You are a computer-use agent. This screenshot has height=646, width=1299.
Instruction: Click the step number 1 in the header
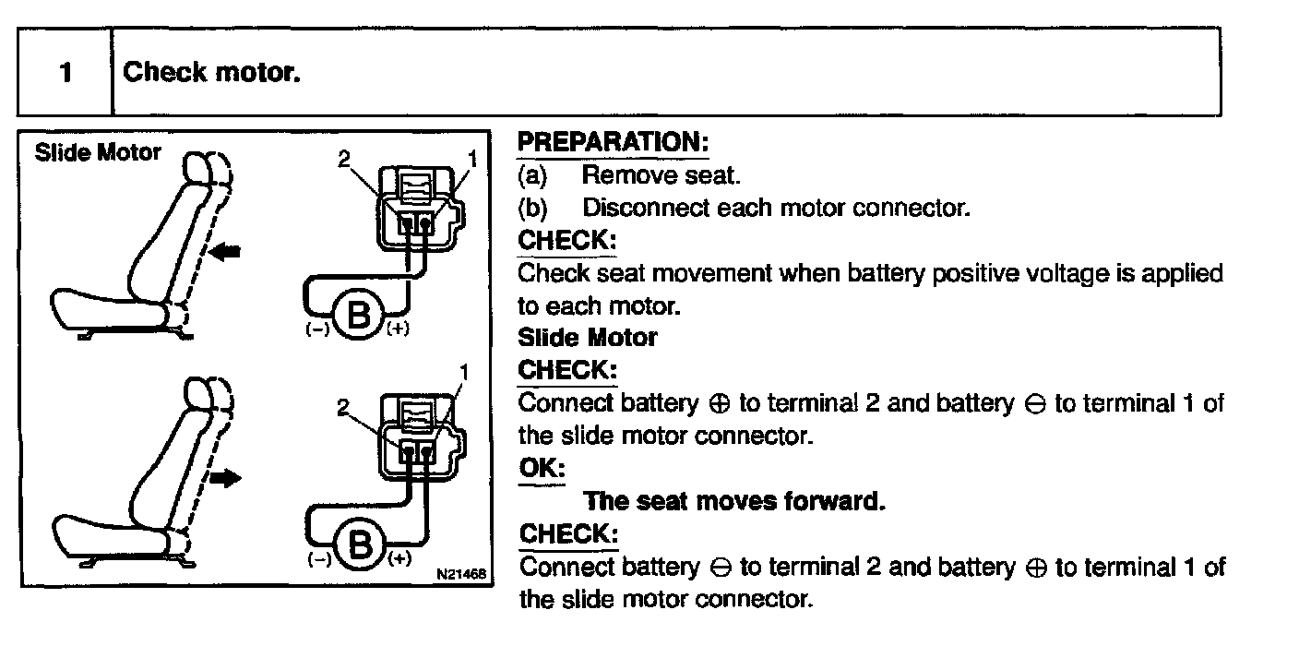(x=65, y=72)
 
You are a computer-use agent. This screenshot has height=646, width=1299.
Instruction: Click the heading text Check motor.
(x=212, y=72)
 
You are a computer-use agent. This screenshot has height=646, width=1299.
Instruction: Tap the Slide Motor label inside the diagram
(x=98, y=152)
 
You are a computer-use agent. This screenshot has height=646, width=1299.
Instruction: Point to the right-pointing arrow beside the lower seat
(x=225, y=478)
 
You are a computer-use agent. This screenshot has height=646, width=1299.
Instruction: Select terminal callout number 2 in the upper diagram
(x=344, y=160)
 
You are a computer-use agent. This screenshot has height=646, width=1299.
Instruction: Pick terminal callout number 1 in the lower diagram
(x=465, y=374)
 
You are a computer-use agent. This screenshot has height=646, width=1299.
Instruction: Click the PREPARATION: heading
(x=613, y=143)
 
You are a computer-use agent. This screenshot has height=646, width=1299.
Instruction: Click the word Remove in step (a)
(x=619, y=174)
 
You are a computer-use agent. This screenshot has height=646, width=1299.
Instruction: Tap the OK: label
(x=542, y=468)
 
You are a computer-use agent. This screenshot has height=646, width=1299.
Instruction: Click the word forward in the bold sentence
(x=834, y=501)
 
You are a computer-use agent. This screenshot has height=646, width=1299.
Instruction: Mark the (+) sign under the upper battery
(x=398, y=329)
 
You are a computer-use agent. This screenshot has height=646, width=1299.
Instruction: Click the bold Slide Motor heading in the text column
(x=588, y=338)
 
